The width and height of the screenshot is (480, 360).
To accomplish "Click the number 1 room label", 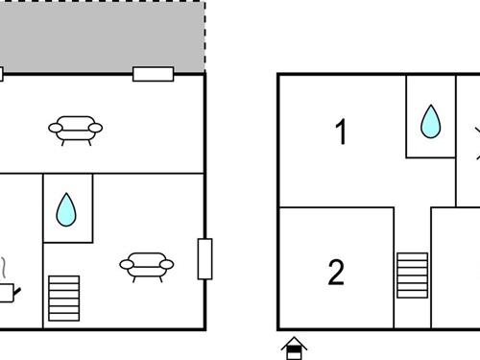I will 340,132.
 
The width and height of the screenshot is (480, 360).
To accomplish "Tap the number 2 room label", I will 335,273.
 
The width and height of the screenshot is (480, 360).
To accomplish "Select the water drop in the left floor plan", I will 66,209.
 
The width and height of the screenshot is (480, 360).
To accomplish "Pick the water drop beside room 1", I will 431,121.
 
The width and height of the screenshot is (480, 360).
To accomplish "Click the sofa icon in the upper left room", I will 77,128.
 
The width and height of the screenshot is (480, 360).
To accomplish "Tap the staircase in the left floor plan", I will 64,299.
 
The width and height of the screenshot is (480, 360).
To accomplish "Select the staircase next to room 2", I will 412,276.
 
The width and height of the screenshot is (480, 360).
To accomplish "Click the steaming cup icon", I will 7,292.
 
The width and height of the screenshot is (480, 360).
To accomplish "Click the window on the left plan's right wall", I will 204,258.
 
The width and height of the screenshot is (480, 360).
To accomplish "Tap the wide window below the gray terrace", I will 153,74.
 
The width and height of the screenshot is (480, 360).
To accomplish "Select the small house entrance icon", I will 295,347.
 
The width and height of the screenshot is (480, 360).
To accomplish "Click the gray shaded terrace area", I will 101,36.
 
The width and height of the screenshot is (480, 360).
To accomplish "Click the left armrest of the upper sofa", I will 56,126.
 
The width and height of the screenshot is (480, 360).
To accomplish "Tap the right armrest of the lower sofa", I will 167,263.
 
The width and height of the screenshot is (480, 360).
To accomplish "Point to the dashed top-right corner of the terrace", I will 204,3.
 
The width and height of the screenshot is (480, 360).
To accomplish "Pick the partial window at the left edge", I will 2,74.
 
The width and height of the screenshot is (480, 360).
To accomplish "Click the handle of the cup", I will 17,289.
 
